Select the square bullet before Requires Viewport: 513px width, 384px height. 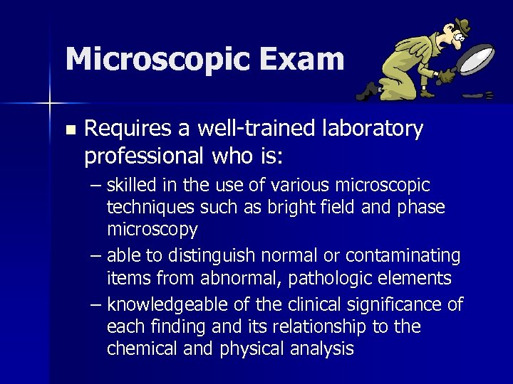[x=69, y=130]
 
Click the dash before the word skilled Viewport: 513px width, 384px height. [x=97, y=186]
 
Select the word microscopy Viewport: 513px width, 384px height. [x=152, y=230]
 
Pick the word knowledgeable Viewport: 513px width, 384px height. [x=168, y=305]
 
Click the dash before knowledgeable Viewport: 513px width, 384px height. [x=97, y=305]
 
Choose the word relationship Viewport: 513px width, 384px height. [x=319, y=327]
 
